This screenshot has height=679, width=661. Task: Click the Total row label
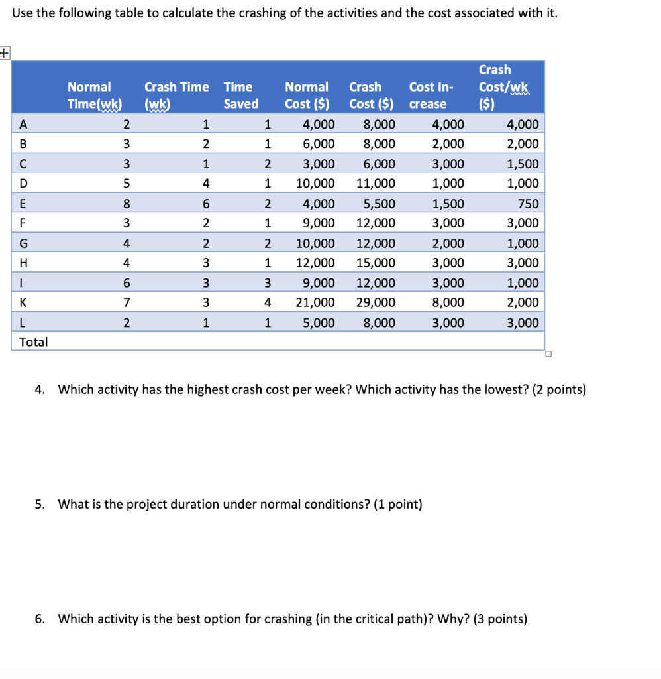[34, 342]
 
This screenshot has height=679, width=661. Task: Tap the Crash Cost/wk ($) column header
[495, 87]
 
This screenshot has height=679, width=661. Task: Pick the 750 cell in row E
[528, 204]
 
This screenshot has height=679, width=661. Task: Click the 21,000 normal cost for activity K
[315, 303]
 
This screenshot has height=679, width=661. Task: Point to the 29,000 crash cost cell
[376, 303]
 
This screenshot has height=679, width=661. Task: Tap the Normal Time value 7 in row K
[126, 303]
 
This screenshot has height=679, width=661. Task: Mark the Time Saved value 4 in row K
[267, 303]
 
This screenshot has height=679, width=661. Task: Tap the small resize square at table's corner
[548, 353]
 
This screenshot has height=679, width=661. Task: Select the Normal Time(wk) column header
[95, 95]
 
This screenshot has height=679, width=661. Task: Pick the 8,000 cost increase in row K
[448, 303]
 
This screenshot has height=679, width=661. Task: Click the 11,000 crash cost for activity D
[376, 184]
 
